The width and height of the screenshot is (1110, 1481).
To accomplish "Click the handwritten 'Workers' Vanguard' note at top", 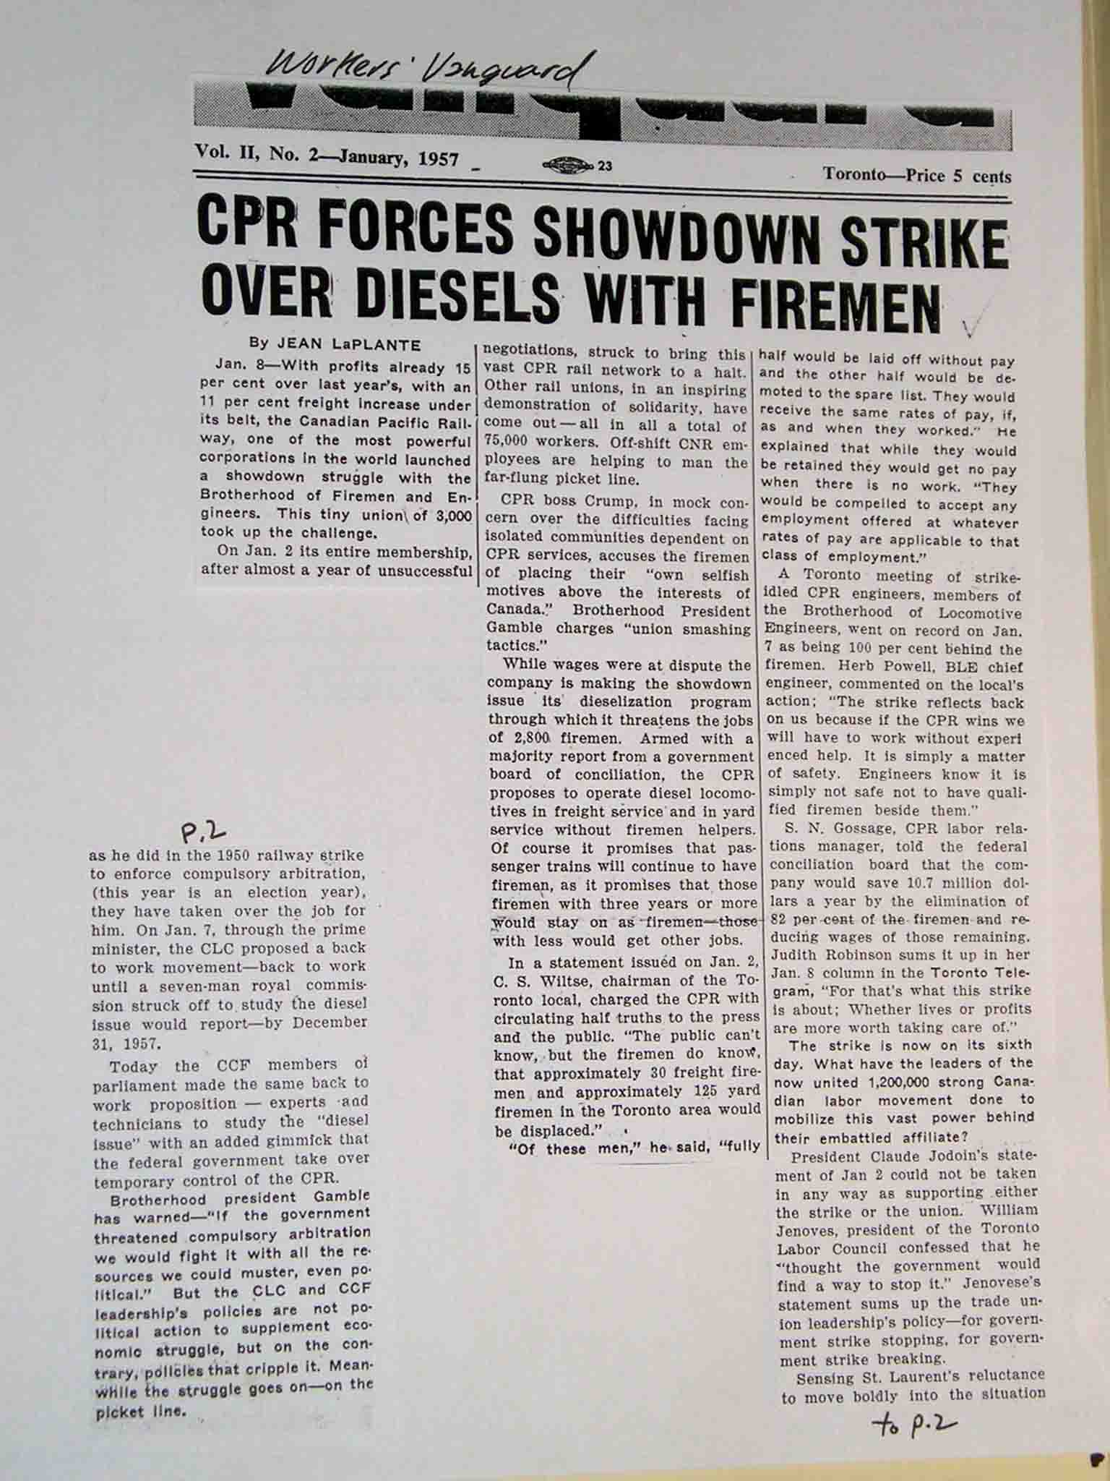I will tap(426, 69).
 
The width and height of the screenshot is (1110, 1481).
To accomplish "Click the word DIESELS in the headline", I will tap(459, 297).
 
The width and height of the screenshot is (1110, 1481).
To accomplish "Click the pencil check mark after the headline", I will tap(972, 325).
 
